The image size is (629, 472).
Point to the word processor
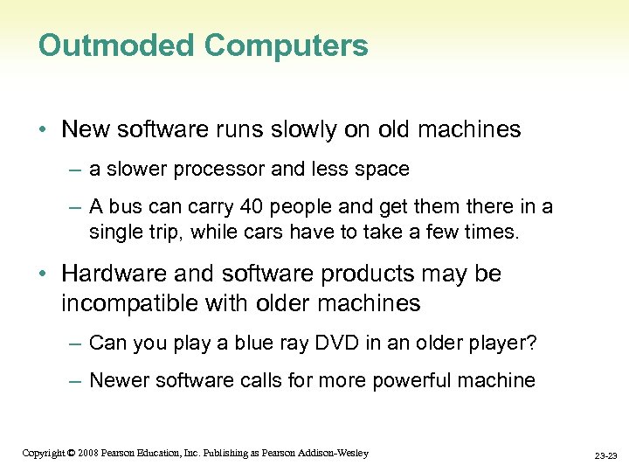coord(222,168)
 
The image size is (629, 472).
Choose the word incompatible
coord(134,303)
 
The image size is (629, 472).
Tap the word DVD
coord(294,343)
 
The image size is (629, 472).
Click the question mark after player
coord(531,343)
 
